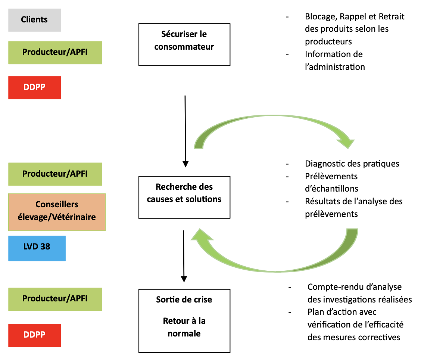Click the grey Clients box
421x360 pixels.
[x=34, y=20]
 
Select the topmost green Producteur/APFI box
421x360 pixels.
[x=55, y=53]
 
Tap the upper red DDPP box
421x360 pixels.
[x=34, y=88]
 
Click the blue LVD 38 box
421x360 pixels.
[x=37, y=248]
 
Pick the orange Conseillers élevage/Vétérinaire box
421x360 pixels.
[x=57, y=212]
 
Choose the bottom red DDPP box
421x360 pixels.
[x=34, y=335]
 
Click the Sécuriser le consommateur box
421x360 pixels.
[x=184, y=44]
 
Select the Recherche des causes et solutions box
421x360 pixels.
[x=184, y=197]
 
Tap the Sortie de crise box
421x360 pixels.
[x=184, y=321]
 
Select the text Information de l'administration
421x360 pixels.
[x=335, y=60]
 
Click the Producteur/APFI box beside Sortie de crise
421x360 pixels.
[x=55, y=299]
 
